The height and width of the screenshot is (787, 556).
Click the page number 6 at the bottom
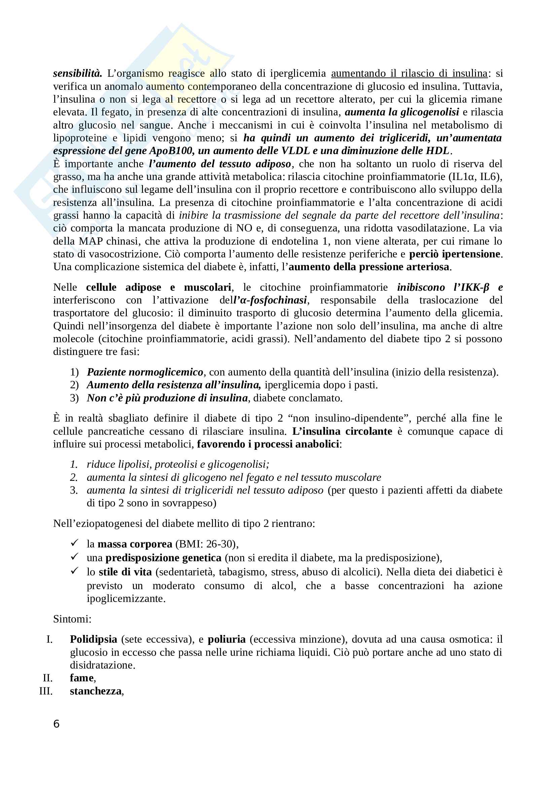[57, 724]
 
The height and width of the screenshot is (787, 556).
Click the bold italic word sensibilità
[77, 73]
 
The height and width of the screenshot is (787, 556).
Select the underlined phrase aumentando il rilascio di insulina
[409, 73]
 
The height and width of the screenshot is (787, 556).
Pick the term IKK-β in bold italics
[471, 287]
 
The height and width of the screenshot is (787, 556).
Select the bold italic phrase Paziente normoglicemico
[145, 372]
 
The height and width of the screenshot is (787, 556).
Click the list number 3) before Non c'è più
[74, 398]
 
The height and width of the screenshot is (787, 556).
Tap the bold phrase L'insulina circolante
[342, 431]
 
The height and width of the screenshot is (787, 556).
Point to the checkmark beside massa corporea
[74, 543]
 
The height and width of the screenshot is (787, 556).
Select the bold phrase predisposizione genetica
[163, 558]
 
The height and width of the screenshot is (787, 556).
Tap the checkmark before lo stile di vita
[74, 571]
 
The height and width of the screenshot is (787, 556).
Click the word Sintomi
[72, 619]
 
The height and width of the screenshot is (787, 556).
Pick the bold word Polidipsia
[94, 639]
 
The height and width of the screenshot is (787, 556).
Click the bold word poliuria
[226, 639]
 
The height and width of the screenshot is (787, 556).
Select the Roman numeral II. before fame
[48, 678]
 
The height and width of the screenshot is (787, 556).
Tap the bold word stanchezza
[96, 691]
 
